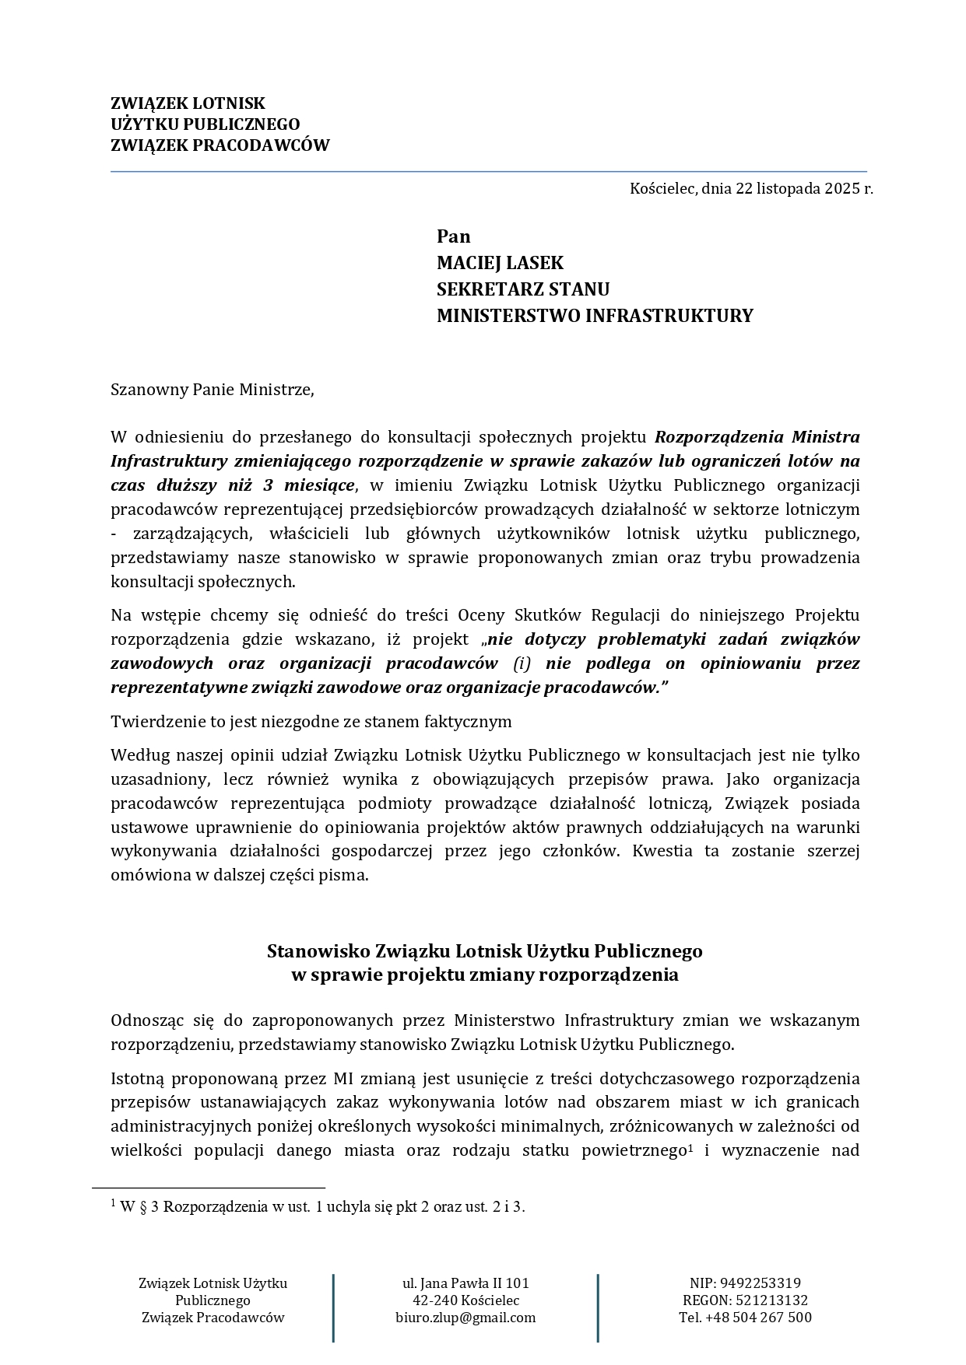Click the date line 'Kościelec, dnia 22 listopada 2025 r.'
pos(751,188)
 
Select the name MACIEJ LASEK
pos(500,263)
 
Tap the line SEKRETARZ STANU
pos(522,289)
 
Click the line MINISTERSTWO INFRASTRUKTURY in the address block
pos(595,316)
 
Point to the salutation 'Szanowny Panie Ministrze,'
pos(213,390)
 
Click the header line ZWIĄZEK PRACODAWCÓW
pos(220,145)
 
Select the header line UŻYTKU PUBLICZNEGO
pos(205,124)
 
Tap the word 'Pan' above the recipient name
pos(453,236)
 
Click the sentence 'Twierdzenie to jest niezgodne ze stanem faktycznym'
pos(311,721)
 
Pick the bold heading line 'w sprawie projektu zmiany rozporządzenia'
pos(484,975)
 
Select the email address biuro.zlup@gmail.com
pos(465,1318)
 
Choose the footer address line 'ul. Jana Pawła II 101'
pos(465,1283)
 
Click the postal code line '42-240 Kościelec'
pos(465,1300)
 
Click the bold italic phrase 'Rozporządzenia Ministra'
pos(757,437)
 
